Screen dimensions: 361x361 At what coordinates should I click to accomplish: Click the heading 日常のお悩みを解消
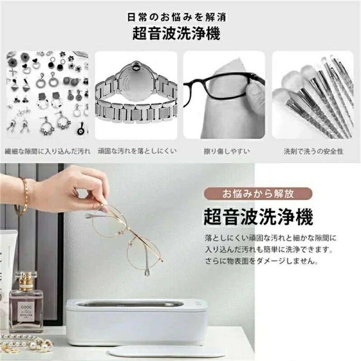click(177, 17)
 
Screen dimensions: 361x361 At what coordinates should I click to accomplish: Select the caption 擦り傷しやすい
click(227, 151)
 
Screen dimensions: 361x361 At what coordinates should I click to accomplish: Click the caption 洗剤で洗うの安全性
click(313, 151)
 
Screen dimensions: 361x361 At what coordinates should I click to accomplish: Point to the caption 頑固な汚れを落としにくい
click(137, 151)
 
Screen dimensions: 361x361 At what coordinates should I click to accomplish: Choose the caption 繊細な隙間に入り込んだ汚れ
click(47, 151)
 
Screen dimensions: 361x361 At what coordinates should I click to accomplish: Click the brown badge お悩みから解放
click(258, 194)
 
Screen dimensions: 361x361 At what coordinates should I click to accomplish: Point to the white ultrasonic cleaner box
click(137, 322)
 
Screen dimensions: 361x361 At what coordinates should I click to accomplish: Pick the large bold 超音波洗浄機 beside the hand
click(258, 217)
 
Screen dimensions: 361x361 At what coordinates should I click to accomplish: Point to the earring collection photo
click(47, 95)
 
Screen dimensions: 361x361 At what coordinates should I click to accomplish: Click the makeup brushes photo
click(313, 95)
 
